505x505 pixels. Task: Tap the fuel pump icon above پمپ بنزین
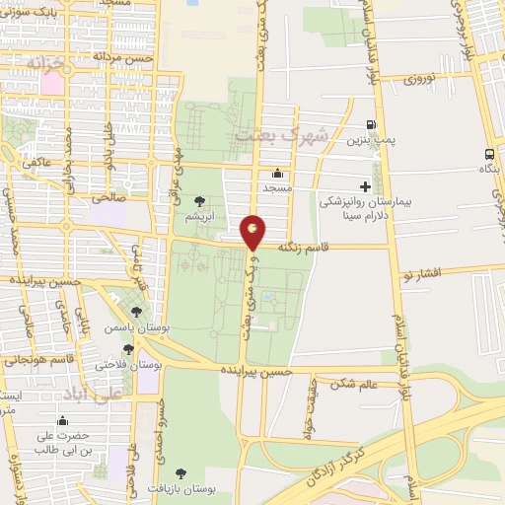tap(370, 125)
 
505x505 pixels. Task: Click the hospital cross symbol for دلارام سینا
tap(365, 185)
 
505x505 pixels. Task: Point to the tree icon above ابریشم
tap(200, 200)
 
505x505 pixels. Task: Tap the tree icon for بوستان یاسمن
tap(136, 312)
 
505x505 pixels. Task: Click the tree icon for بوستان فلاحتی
tap(128, 349)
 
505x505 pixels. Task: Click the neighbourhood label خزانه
tap(46, 62)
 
